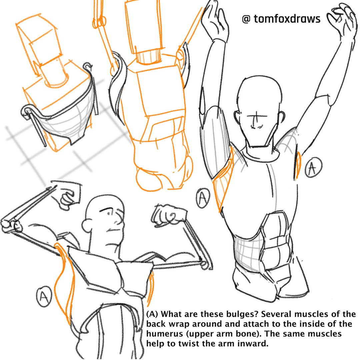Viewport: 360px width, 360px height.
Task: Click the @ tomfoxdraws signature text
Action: tap(281, 19)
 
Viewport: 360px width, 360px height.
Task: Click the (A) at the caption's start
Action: tap(154, 315)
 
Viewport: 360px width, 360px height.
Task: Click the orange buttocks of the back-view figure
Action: tap(163, 177)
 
